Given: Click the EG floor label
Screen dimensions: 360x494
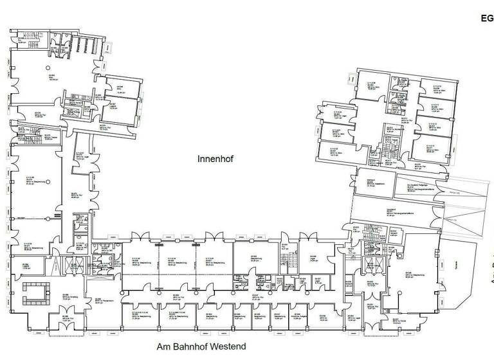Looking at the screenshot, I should (x=486, y=19).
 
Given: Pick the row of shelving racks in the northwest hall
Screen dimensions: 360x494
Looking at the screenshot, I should (x=84, y=43).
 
